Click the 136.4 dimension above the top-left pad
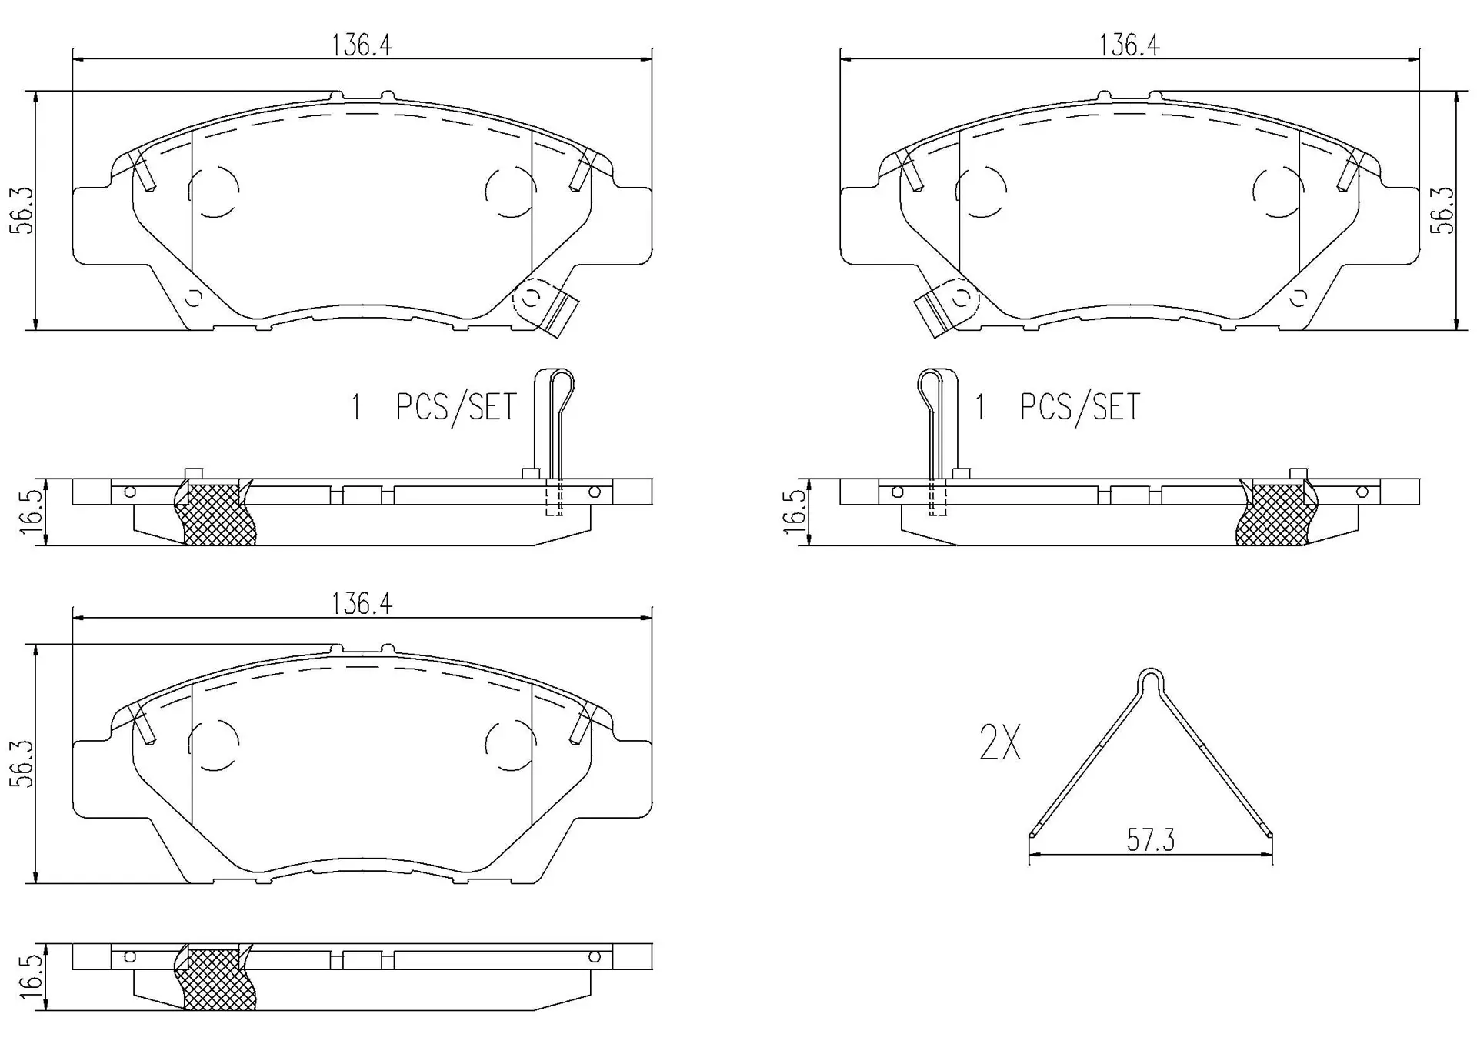pyautogui.click(x=362, y=45)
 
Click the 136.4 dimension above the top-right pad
pyautogui.click(x=1129, y=45)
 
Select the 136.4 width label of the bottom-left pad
pyautogui.click(x=362, y=604)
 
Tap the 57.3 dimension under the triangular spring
pyautogui.click(x=1151, y=840)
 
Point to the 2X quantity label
pyautogui.click(x=1000, y=743)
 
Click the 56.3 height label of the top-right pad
pyautogui.click(x=1442, y=210)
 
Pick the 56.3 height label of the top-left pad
pyautogui.click(x=23, y=210)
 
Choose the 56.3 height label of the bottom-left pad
pyautogui.click(x=23, y=763)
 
